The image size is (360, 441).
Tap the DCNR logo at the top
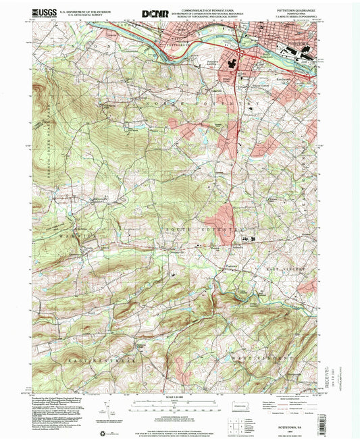[155, 12]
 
